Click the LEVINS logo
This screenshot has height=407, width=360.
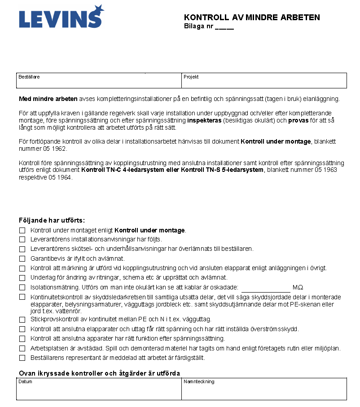point(61,17)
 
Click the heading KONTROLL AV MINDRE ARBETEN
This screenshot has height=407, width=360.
point(252,18)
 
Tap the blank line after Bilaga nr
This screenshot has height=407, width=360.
point(224,26)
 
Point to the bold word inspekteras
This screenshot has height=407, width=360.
point(207,121)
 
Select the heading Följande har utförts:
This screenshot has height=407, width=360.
point(52,220)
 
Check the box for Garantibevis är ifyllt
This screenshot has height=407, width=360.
point(22,258)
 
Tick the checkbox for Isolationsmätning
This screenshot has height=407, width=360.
point(22,287)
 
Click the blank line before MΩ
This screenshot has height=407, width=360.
point(266,288)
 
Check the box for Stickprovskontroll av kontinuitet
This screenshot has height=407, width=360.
point(22,319)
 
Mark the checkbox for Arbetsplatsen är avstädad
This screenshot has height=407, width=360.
point(22,348)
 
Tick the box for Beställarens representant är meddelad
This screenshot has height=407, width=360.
point(22,358)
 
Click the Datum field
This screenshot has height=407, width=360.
point(99,389)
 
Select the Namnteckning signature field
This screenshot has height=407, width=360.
point(264,389)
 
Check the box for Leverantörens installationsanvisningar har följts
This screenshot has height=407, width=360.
point(22,239)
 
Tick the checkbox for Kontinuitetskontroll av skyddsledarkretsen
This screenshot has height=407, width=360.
point(22,297)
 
